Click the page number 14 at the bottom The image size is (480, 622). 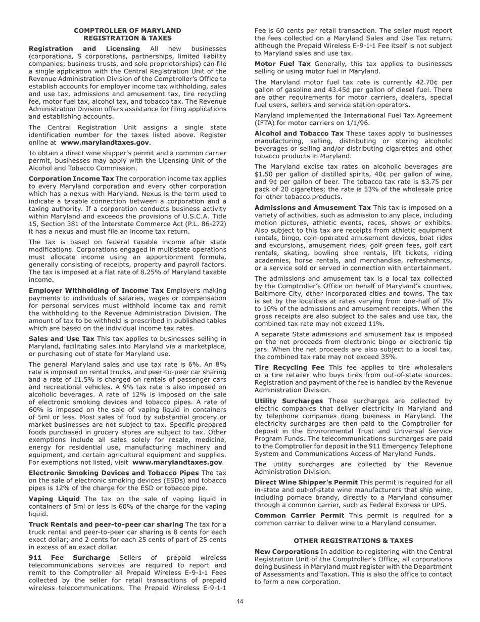[240, 601]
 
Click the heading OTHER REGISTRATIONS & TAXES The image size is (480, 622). [353, 541]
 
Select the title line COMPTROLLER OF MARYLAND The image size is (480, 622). [127, 31]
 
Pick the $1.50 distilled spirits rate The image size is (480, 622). [264, 174]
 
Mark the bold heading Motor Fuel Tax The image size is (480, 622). [282, 64]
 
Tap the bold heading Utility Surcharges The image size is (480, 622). [289, 401]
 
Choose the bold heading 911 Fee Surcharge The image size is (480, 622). [69, 558]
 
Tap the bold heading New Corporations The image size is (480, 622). [286, 551]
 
